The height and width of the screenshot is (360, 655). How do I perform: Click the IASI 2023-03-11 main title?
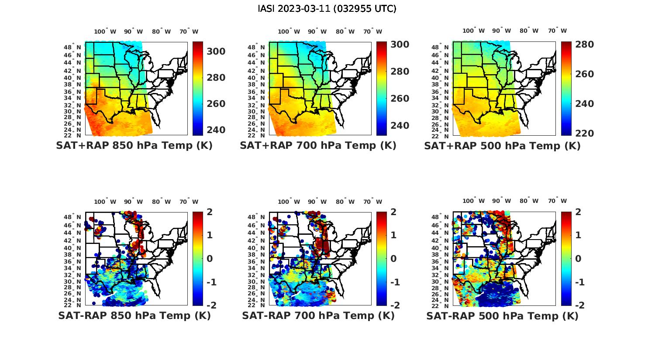327,9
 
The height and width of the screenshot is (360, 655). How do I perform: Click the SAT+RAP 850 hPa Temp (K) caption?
134,146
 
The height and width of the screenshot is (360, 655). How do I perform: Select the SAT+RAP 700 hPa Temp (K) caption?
318,146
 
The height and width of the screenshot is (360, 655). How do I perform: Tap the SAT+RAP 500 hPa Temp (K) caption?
502,146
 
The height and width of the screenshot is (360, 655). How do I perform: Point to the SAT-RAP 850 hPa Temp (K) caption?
134,315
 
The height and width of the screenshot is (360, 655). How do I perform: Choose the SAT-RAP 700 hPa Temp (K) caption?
318,315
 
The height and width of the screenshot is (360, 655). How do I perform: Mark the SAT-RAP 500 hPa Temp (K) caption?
502,315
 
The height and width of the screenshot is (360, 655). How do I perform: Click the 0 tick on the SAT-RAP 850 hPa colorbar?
209,259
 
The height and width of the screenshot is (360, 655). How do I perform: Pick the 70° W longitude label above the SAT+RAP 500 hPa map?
557,31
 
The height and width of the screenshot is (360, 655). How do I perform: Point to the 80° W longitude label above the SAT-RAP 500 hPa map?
529,201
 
